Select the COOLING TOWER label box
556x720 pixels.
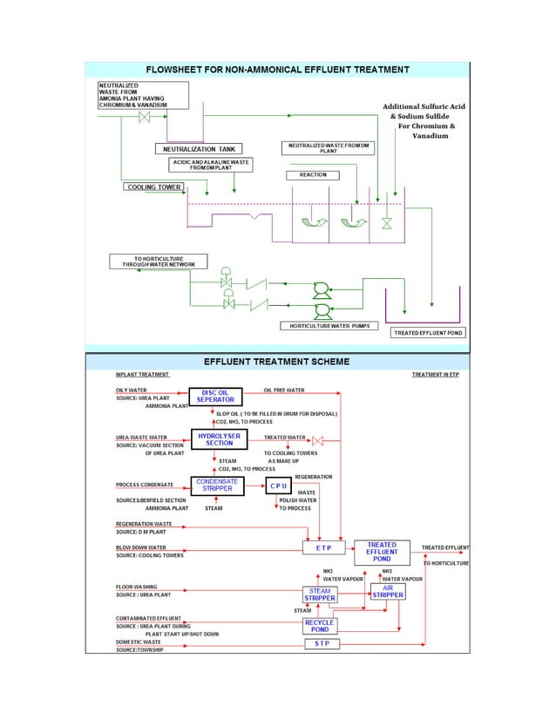click(154, 187)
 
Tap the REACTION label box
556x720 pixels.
click(312, 175)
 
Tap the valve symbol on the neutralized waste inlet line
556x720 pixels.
click(145, 119)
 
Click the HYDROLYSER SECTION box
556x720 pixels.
click(220, 438)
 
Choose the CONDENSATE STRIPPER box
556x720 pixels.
click(216, 486)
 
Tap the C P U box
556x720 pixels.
click(279, 486)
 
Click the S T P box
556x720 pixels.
click(321, 643)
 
